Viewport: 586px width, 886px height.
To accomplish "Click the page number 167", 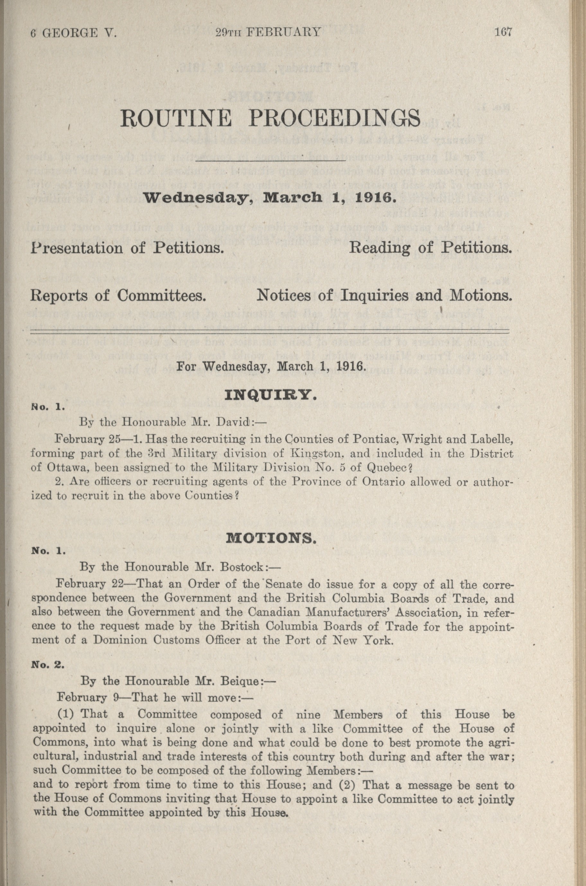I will pos(502,32).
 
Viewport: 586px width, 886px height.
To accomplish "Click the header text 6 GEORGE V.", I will pos(74,32).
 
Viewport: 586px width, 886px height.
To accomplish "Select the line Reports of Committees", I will pos(119,296).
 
